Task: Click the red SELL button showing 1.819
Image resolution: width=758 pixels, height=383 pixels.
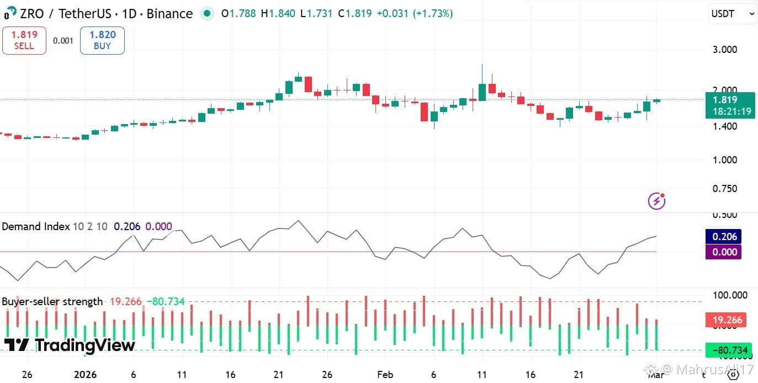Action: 24,40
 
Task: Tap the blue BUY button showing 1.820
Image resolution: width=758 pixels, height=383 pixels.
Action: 102,40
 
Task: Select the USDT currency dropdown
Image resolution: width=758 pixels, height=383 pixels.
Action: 732,14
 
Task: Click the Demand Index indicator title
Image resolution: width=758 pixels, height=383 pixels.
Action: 36,226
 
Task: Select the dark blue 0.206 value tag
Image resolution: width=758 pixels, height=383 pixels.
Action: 724,237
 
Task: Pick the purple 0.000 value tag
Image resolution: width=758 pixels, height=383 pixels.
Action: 724,252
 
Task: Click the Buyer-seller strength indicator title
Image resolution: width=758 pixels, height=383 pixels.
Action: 52,301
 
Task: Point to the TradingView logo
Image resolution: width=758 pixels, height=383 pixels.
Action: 70,345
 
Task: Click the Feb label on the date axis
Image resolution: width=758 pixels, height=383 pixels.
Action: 385,375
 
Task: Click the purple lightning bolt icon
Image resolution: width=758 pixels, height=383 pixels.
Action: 656,201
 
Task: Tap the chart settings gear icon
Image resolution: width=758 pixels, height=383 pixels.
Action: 733,375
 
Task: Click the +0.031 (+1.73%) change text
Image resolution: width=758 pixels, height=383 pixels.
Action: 415,13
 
